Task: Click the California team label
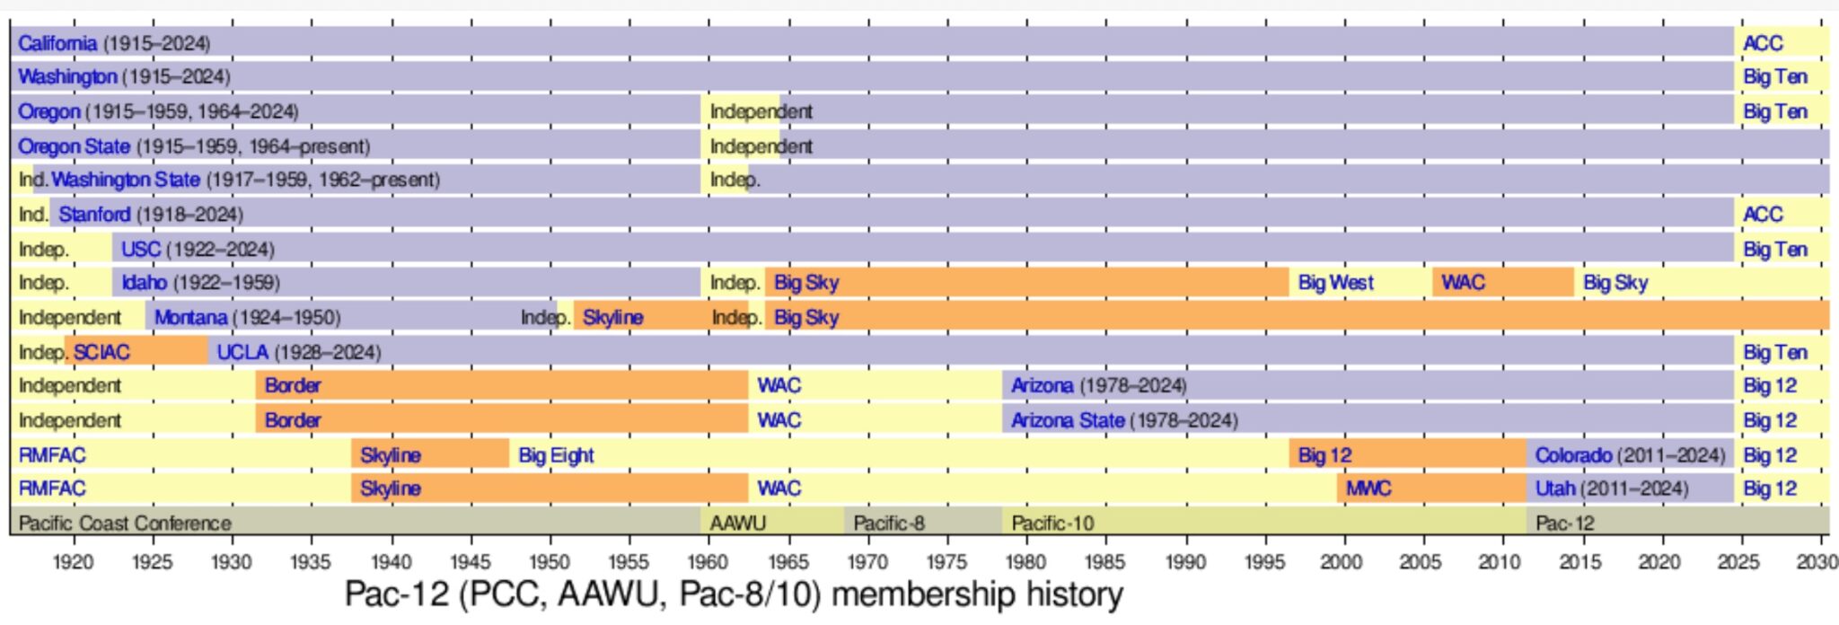coord(57,43)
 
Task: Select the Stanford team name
coord(94,215)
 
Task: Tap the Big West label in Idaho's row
coord(1335,283)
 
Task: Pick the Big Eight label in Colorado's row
coord(556,455)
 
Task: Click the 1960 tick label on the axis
coord(708,562)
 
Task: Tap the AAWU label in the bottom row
coord(737,523)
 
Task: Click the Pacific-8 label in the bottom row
coord(888,523)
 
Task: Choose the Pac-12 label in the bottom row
coord(1565,523)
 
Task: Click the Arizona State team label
coord(1068,420)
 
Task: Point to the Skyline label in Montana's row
coord(612,317)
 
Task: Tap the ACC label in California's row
coord(1763,43)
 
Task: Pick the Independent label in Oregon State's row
coord(761,146)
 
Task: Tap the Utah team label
coord(1554,489)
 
